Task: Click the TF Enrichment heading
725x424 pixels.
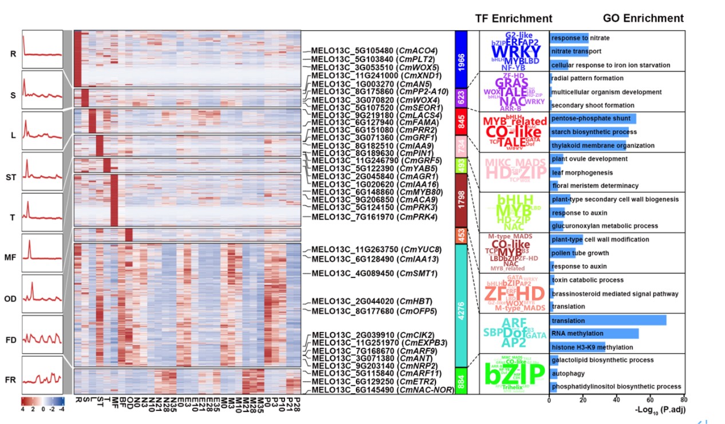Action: tap(513, 18)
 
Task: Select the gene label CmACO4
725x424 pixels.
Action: tap(374, 50)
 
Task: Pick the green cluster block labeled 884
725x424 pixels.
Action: tap(461, 381)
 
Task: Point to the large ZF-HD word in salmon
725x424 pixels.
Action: tap(514, 294)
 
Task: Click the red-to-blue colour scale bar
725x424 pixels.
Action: tap(43, 401)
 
